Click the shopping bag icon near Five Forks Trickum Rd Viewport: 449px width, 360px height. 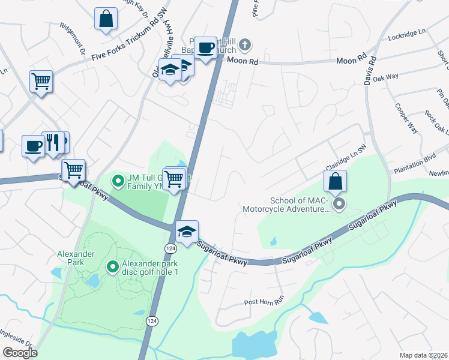tap(106, 19)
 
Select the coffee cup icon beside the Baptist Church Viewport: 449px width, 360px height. tap(205, 48)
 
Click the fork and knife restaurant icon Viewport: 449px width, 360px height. tap(53, 143)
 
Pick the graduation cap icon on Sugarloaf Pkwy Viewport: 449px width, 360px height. tap(187, 232)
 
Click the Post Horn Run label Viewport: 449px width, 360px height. tap(263, 302)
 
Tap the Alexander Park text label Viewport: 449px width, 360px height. tap(76, 254)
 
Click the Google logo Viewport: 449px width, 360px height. tap(20, 353)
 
